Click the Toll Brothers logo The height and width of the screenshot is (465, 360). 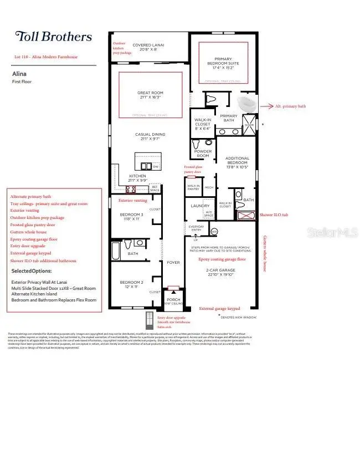pos(53,37)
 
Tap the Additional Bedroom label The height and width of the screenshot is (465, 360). pos(237,161)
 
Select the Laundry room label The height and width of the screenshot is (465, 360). pos(200,206)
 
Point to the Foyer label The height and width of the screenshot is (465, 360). pos(173,263)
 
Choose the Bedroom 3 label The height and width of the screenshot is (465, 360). pos(131,217)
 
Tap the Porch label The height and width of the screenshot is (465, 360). pos(173,299)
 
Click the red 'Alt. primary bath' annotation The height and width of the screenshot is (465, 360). pos(290,106)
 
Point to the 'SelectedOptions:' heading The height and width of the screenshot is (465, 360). pos(32,272)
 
